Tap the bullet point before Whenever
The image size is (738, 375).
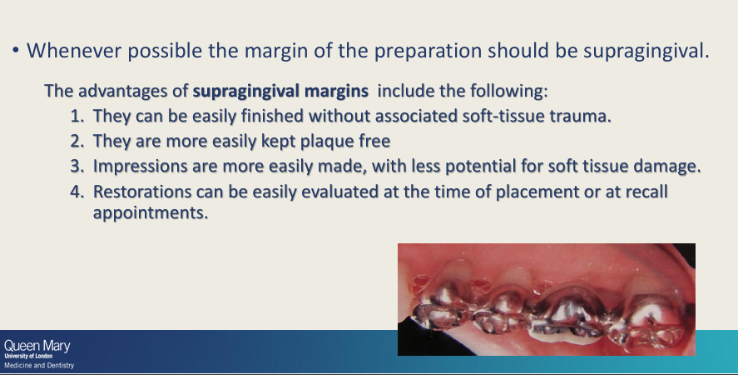point(16,51)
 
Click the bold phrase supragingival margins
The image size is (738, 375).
point(280,90)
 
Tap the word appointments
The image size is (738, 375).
point(148,212)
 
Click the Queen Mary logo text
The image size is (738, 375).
point(37,345)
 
